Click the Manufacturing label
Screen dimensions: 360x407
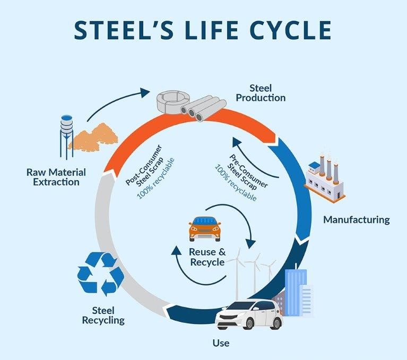tap(357, 219)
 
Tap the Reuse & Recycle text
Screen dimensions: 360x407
tap(206, 257)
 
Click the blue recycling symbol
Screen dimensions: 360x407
tap(100, 273)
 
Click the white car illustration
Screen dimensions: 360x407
tap(249, 314)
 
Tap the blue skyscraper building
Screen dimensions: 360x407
tap(295, 292)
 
